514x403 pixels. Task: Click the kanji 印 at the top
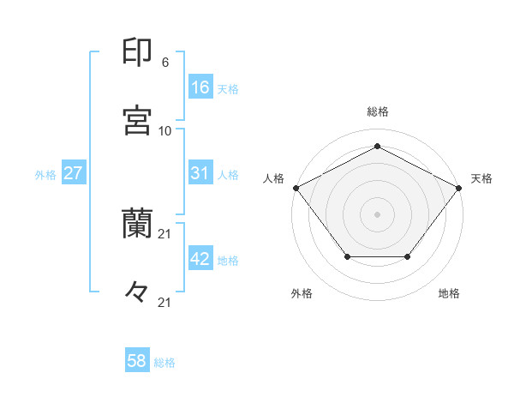[138, 53]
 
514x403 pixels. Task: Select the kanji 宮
[138, 120]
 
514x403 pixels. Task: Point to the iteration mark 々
[138, 292]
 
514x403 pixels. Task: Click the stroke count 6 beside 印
[165, 63]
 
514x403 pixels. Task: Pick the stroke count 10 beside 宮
[165, 131]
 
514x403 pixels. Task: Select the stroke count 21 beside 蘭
[165, 234]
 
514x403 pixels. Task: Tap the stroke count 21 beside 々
[165, 301]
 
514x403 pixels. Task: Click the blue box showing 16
[200, 87]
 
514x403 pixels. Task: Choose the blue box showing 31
[200, 173]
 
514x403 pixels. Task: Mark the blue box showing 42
[200, 260]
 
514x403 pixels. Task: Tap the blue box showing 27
[74, 173]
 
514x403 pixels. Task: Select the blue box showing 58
[137, 361]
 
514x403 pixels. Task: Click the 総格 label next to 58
[164, 363]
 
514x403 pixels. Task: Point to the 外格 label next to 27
[45, 175]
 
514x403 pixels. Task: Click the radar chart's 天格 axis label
[482, 178]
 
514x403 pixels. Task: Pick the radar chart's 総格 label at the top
[378, 111]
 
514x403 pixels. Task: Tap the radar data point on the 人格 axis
[296, 187]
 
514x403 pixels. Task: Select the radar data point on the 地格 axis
[408, 257]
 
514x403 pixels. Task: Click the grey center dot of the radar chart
[378, 214]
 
